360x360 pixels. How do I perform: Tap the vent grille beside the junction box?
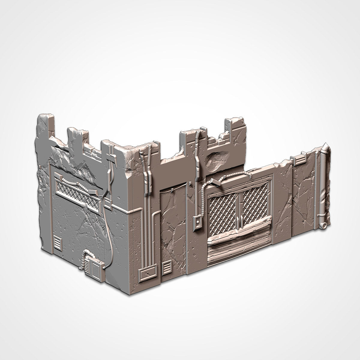click(166, 266)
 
